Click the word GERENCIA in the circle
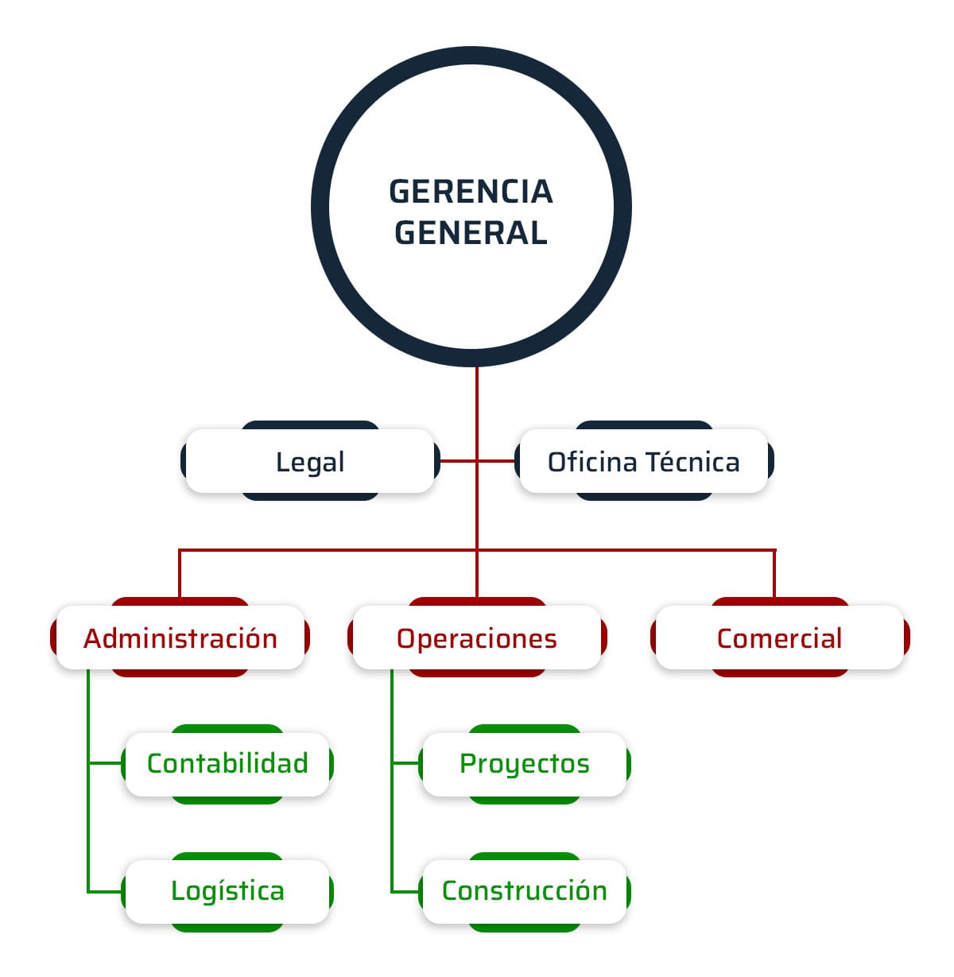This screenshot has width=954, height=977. point(471,192)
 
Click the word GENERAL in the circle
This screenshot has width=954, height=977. point(471,233)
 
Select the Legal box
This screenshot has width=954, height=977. point(309,462)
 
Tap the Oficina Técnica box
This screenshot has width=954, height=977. point(643,462)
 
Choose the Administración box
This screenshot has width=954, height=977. point(180,638)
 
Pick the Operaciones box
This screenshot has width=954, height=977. point(476,638)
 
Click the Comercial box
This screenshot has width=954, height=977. point(778,638)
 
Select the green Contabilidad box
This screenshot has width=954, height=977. point(227,764)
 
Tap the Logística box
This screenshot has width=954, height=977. point(227,891)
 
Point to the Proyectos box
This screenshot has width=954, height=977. point(524,764)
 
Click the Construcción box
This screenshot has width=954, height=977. point(524,891)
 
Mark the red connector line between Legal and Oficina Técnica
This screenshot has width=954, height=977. point(457,461)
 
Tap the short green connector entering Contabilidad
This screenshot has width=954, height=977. point(105,764)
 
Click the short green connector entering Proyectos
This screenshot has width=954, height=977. point(405,764)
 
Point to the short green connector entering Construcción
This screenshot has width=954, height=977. point(405,891)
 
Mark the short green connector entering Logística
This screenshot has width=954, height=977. point(105,891)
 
